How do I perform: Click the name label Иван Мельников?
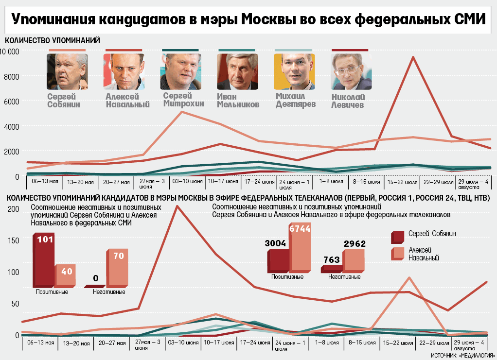238,101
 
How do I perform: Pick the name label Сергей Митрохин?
181,100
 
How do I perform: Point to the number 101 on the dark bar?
45,240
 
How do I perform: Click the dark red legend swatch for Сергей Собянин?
397,237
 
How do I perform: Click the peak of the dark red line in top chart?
413,57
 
